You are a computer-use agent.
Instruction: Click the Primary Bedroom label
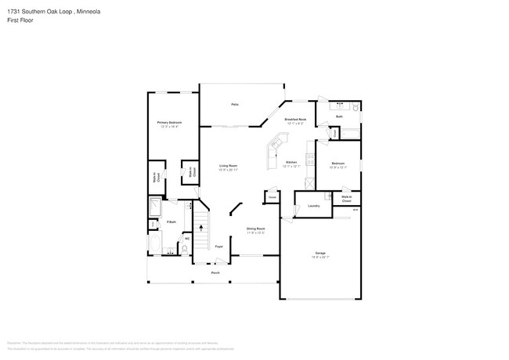click(169, 123)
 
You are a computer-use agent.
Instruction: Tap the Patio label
click(233, 104)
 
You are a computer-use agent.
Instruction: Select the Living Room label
click(228, 166)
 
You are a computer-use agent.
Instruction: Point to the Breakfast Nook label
click(296, 120)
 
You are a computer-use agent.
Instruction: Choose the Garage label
click(320, 254)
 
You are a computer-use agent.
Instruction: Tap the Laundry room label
click(313, 206)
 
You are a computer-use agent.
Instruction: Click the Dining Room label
click(256, 229)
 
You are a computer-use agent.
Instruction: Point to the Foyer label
click(218, 247)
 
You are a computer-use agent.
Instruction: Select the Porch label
click(215, 273)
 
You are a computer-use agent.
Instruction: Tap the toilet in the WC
click(186, 250)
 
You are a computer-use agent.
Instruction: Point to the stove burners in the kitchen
click(310, 162)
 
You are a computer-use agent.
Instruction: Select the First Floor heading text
click(20, 22)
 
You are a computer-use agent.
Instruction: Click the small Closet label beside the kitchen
click(272, 197)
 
